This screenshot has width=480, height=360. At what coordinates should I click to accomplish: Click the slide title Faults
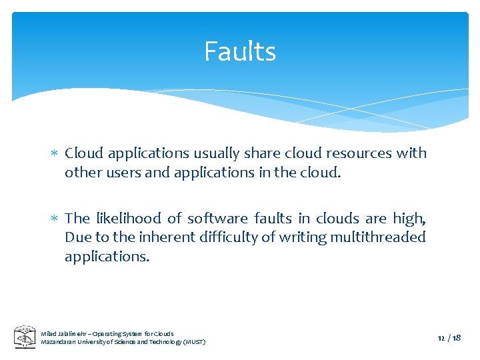(x=240, y=51)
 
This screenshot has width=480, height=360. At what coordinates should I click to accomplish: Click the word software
(x=213, y=218)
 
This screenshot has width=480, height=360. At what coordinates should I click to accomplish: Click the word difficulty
(x=228, y=237)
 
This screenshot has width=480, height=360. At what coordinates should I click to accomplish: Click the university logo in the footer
(x=25, y=337)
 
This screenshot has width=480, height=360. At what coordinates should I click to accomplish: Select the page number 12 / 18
(x=449, y=338)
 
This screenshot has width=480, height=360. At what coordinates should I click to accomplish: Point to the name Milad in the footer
(x=49, y=333)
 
